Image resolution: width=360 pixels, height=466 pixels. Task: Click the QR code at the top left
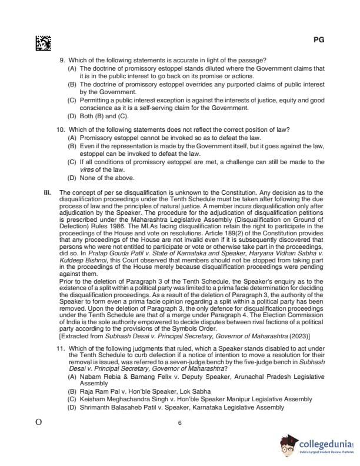point(43,43)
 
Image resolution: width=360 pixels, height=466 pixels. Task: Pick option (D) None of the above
point(102,178)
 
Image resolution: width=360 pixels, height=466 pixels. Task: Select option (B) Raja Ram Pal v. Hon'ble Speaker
point(139,391)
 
